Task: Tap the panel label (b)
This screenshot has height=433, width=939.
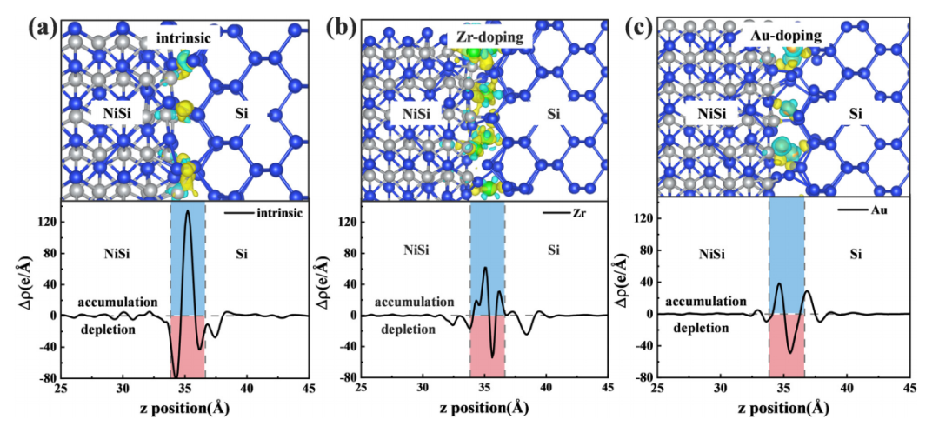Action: (342, 25)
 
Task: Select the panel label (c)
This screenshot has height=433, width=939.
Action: (643, 25)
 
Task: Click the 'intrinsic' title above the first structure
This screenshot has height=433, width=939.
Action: (184, 38)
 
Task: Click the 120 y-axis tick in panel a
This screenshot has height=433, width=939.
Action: (44, 222)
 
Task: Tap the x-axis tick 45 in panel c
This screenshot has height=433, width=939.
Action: (909, 388)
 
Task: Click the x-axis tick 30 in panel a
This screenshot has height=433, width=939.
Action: (123, 388)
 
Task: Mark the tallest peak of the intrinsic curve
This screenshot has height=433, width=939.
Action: (187, 211)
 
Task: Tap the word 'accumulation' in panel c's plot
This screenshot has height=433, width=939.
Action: (707, 301)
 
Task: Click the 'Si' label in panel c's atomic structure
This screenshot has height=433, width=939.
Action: (856, 114)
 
